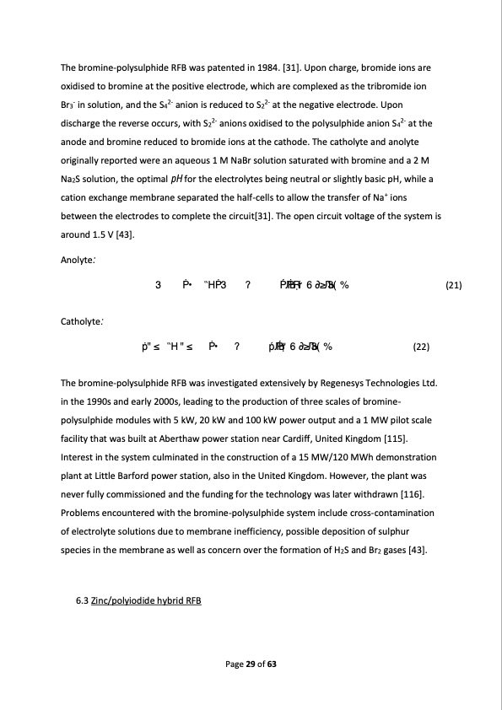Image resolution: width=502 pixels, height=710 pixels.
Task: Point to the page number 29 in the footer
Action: [x=250, y=664]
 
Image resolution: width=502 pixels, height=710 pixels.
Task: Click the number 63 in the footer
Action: [x=272, y=664]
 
